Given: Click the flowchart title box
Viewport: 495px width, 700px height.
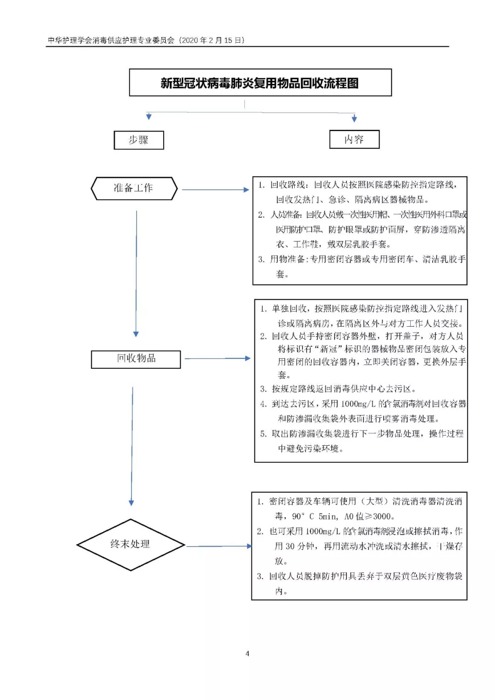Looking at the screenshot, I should tap(260, 82).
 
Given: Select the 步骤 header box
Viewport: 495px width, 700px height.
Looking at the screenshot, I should tap(138, 140).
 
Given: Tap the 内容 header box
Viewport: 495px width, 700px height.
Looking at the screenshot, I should tap(354, 139).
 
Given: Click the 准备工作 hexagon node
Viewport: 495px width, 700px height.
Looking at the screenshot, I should tap(134, 188).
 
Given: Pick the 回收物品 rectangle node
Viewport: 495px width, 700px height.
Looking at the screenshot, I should tap(136, 359).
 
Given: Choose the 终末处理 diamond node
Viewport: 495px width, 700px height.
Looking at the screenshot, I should tap(131, 544).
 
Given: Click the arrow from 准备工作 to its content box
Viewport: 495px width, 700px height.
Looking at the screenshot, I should tap(215, 189).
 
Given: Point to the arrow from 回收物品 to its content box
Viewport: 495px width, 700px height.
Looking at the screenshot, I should tap(217, 358).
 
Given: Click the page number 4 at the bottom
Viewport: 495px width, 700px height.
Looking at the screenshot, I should tap(247, 653).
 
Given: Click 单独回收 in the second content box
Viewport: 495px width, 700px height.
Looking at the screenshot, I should tap(289, 309).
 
